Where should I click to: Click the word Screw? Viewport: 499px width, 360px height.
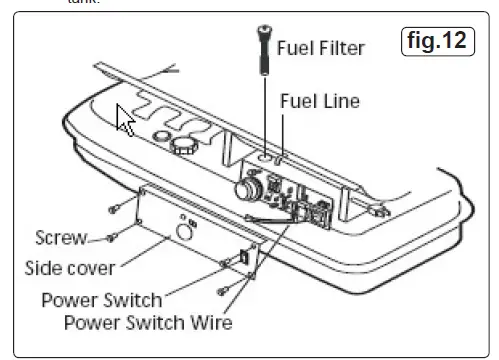tap(59, 237)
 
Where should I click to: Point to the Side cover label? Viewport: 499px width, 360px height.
tap(69, 268)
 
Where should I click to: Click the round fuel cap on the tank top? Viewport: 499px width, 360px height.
tap(181, 147)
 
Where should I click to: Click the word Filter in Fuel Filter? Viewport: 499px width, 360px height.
tap(340, 48)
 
